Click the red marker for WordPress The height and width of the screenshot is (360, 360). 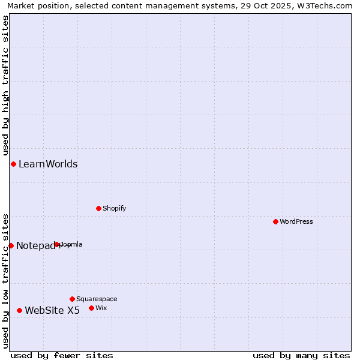(x=275, y=221)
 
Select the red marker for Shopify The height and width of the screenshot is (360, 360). (x=98, y=208)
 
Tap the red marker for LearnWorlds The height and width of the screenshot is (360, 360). (x=13, y=164)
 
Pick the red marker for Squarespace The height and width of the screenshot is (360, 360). (x=72, y=299)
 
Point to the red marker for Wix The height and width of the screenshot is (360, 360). (x=91, y=308)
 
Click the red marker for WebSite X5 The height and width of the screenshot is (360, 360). (x=19, y=310)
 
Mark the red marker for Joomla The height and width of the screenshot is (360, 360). (x=57, y=244)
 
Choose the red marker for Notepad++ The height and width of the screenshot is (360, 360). (x=11, y=245)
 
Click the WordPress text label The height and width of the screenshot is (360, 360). (x=296, y=221)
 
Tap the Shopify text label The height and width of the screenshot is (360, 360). (x=114, y=208)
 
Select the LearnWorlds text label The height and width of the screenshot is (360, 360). (x=48, y=164)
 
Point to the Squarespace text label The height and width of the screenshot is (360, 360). (x=97, y=299)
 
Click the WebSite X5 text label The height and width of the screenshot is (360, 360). (x=52, y=310)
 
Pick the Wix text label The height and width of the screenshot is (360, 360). (x=101, y=308)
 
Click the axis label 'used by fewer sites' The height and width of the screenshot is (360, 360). (x=62, y=355)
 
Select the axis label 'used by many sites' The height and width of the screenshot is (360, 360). (x=301, y=355)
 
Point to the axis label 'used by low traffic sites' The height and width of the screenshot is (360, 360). (x=5, y=280)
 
